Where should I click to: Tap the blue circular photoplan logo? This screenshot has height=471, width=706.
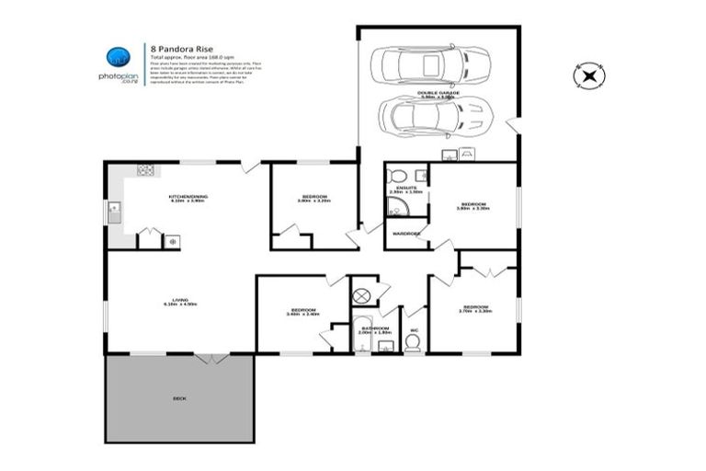click(x=118, y=56)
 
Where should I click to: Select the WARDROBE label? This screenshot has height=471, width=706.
click(x=405, y=234)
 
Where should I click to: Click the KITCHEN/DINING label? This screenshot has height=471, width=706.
click(x=186, y=198)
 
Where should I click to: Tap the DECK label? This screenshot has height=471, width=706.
click(x=179, y=398)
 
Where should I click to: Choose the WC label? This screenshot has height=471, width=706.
click(x=414, y=328)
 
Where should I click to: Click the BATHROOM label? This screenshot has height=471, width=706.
click(x=375, y=328)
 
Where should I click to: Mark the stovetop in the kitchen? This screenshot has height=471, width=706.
click(x=145, y=169)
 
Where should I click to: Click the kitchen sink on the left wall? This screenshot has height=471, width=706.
click(x=114, y=214)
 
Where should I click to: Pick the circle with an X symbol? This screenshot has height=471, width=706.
click(x=362, y=295)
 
